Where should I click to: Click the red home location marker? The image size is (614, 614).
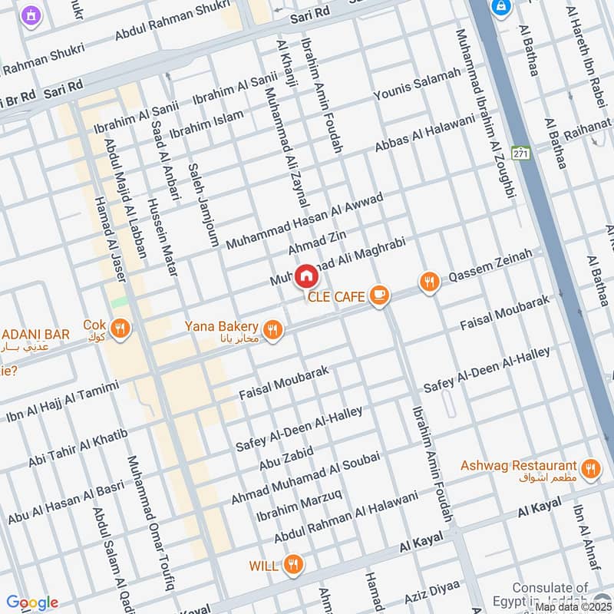[x=305, y=276]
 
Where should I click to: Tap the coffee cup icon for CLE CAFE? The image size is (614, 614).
[x=378, y=295]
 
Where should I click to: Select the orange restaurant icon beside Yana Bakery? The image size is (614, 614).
[x=272, y=330]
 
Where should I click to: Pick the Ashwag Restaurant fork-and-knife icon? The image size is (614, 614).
[x=589, y=469]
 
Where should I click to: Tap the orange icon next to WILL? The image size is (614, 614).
[x=292, y=566]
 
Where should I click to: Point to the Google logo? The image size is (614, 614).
[x=32, y=602]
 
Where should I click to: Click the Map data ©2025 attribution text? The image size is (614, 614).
[x=573, y=607]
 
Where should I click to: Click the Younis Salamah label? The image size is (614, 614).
[x=418, y=84]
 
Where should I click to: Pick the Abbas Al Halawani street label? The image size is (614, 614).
[x=424, y=134]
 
